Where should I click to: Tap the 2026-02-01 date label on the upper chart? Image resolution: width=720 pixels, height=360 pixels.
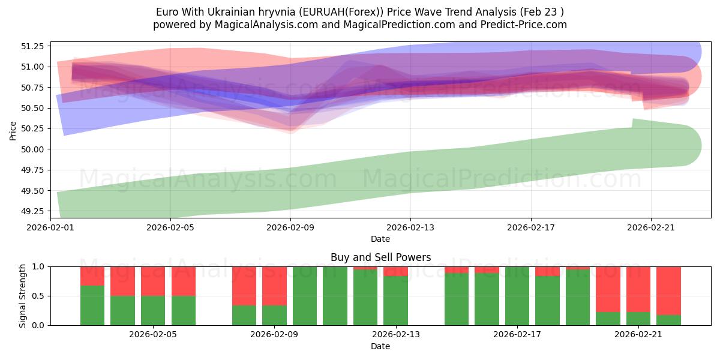click(x=50, y=228)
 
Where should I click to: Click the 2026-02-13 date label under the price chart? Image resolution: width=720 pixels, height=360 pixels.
click(x=410, y=228)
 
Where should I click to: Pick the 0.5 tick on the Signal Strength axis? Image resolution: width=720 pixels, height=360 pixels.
click(x=40, y=296)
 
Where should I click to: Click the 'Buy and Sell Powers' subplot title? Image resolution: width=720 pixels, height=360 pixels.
click(x=380, y=257)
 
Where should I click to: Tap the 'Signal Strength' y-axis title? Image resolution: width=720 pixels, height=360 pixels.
click(x=22, y=296)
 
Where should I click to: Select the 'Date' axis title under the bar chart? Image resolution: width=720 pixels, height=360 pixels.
click(x=380, y=346)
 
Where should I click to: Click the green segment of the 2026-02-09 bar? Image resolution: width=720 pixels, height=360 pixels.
click(x=274, y=315)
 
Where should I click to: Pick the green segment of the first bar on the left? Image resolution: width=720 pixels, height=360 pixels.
click(x=92, y=305)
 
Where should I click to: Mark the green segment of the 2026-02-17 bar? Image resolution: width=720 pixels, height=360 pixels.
click(x=517, y=296)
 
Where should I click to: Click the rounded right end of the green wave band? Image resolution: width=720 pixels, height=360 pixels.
click(x=684, y=145)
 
